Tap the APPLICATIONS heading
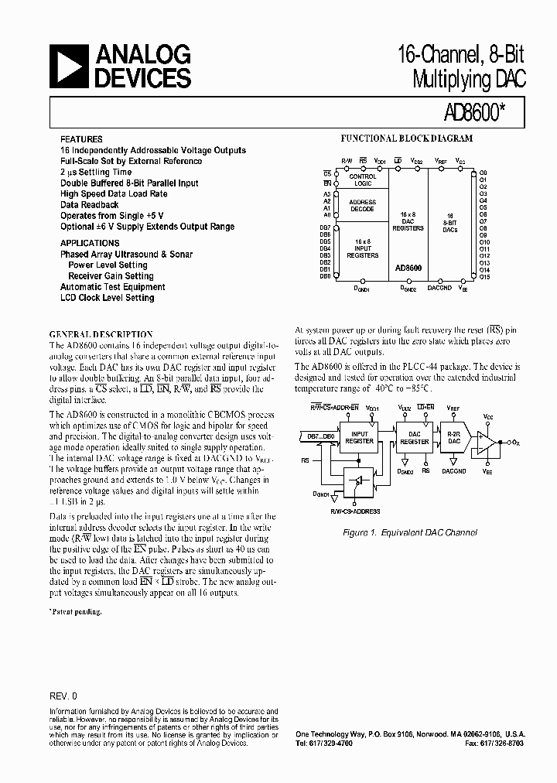click(x=89, y=243)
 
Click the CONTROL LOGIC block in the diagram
click(x=363, y=180)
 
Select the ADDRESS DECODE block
click(x=362, y=206)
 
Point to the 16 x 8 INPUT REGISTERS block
click(x=362, y=248)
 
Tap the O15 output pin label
click(x=484, y=276)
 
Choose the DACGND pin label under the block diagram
click(x=439, y=288)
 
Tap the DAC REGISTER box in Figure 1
click(x=415, y=437)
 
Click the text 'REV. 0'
click(x=63, y=695)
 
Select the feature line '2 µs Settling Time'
click(x=96, y=172)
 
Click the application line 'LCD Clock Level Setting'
click(x=107, y=298)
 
